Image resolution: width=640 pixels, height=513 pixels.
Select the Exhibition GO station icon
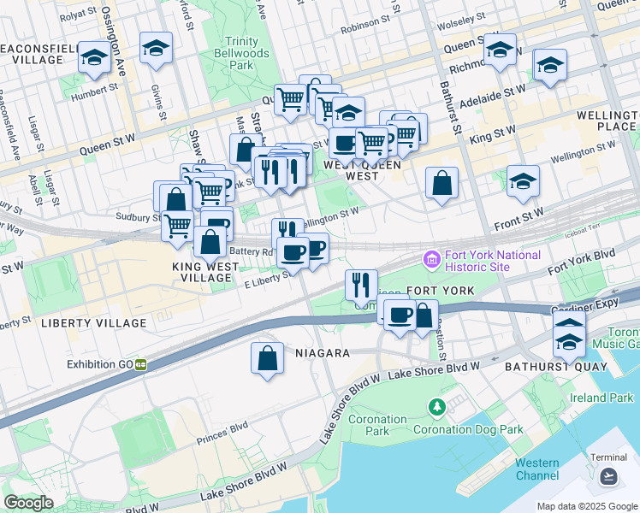(x=139, y=364)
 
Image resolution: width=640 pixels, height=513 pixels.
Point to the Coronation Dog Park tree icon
(x=438, y=405)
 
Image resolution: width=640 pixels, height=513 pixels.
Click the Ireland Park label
(x=601, y=398)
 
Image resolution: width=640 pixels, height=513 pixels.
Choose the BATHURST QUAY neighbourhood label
(x=555, y=366)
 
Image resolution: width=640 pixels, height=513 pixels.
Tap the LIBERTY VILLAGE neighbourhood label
(x=94, y=323)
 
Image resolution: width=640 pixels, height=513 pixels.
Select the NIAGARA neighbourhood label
(x=322, y=353)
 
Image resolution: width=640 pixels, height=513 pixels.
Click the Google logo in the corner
(x=28, y=503)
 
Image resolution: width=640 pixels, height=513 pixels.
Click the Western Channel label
(x=537, y=469)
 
